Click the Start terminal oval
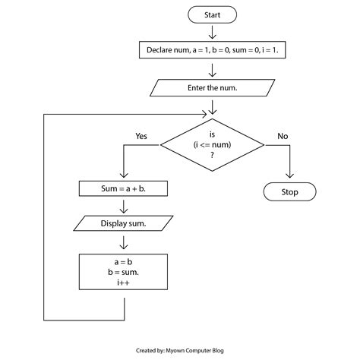(x=213, y=14)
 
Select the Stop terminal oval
(x=289, y=192)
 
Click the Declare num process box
(x=213, y=51)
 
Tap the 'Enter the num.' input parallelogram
(x=212, y=88)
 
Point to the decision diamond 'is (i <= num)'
(x=212, y=143)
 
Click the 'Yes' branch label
(x=141, y=137)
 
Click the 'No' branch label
(x=283, y=137)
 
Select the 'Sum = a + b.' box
(x=123, y=187)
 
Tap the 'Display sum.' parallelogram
(x=123, y=224)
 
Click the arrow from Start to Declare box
(x=213, y=33)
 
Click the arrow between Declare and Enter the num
(x=213, y=70)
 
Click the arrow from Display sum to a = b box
(x=123, y=243)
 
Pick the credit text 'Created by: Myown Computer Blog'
(x=180, y=352)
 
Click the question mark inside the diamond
(x=212, y=154)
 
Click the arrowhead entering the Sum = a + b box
(x=123, y=175)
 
